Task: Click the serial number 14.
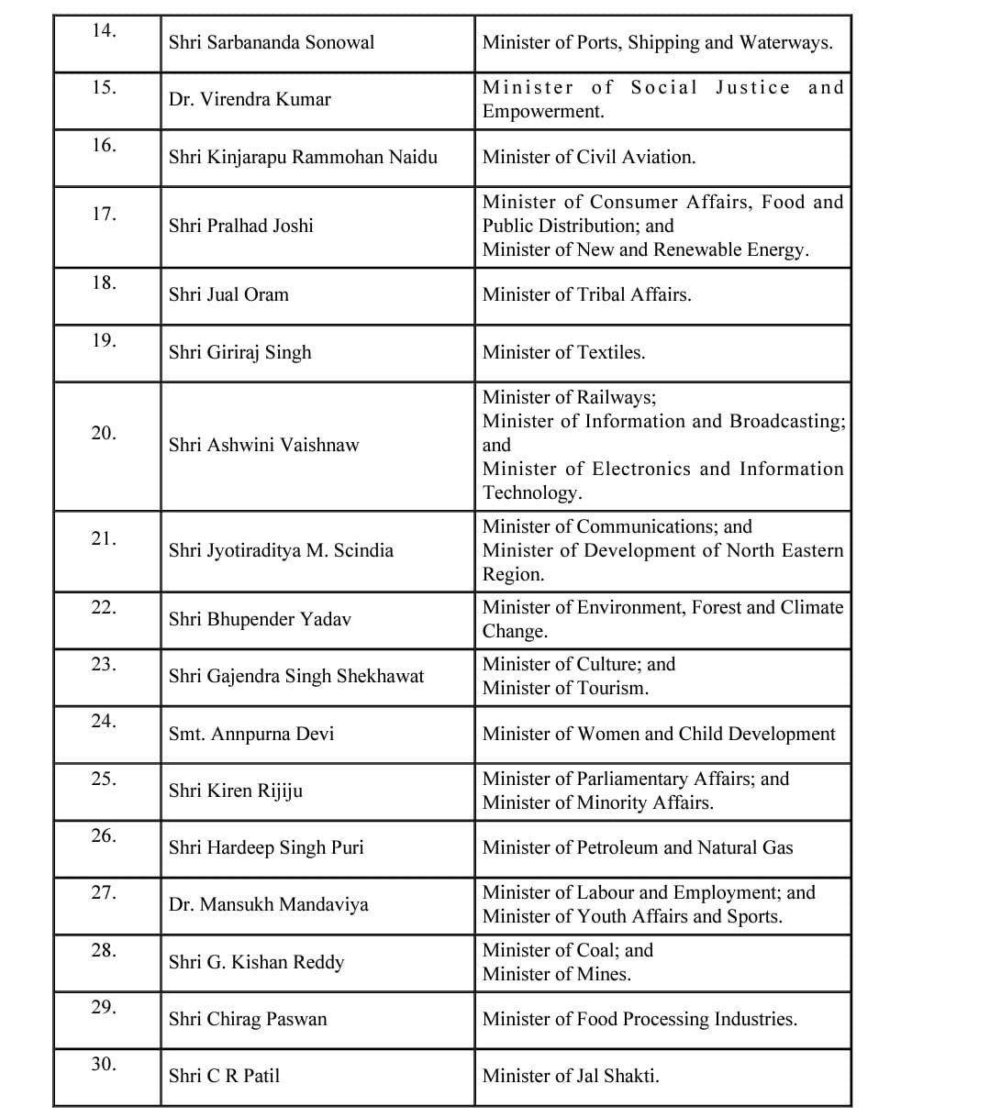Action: click(104, 31)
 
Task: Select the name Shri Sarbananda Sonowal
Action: click(272, 42)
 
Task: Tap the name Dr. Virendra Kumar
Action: click(250, 99)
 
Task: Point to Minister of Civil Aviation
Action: click(589, 157)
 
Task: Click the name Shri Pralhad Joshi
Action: click(240, 226)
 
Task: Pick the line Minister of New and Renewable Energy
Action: click(646, 249)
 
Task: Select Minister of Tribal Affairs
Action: click(587, 294)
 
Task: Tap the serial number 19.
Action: click(104, 341)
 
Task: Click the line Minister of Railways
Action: click(569, 397)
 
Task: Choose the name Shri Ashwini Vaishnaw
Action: click(264, 445)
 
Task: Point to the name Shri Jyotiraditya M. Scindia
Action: click(281, 550)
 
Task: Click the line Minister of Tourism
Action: click(565, 688)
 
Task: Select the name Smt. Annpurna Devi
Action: click(251, 734)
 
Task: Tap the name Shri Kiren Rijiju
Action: click(236, 791)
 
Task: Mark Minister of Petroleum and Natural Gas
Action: click(638, 847)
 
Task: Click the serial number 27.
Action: click(104, 892)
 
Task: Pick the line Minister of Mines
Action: click(557, 974)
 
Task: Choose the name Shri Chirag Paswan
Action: click(248, 1019)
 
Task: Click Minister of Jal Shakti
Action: click(571, 1076)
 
